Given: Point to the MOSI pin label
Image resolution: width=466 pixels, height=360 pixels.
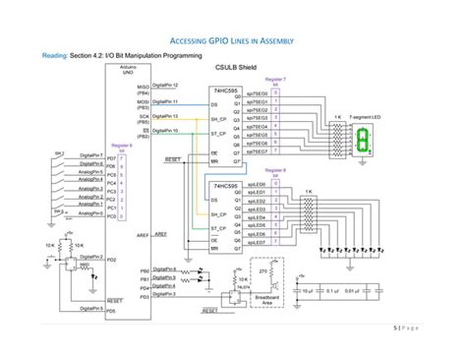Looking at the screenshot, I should [143, 100].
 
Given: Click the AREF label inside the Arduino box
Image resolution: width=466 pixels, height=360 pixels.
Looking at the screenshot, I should [143, 236].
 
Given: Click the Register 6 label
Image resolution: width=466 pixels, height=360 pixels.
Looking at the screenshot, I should [121, 146].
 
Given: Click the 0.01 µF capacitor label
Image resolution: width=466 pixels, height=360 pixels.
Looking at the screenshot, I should [377, 291].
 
